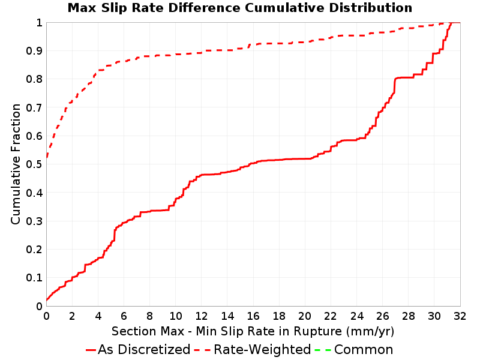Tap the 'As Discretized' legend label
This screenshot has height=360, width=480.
[144, 350]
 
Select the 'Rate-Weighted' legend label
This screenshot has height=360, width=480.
[262, 350]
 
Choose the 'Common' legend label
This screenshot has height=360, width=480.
[364, 350]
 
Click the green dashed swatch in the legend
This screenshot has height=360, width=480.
[323, 350]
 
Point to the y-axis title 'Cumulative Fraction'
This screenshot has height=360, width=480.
[16, 164]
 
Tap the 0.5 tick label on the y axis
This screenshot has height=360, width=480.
[34, 164]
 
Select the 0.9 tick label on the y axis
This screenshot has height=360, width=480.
[34, 51]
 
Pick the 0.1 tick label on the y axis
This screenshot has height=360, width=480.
[34, 278]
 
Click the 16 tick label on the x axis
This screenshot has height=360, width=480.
[253, 316]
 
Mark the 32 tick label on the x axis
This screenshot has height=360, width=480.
[460, 316]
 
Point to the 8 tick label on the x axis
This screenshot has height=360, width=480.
[149, 316]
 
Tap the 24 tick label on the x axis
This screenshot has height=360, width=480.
[356, 316]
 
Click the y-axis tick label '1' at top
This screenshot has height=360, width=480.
[39, 23]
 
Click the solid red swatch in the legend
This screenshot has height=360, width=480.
[91, 350]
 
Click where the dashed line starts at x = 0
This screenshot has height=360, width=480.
[47, 157]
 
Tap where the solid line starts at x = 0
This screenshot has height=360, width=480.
[47, 301]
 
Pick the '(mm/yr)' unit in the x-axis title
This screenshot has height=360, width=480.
[370, 332]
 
